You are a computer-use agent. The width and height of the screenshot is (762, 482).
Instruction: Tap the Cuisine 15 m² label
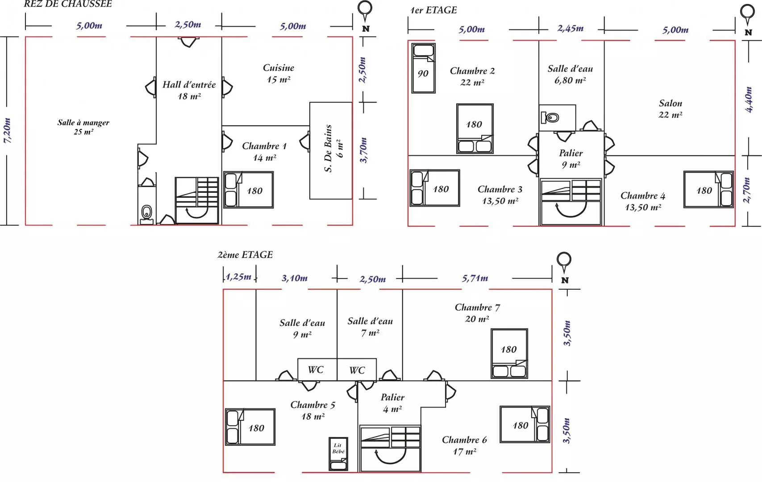coord(278,73)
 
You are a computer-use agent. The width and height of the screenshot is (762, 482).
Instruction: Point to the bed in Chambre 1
coord(248,190)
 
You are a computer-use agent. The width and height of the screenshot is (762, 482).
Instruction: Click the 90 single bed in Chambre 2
coord(423,68)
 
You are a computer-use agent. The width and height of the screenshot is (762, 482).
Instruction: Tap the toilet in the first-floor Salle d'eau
coord(550,118)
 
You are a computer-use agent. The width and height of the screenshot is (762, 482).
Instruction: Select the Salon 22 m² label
coord(670,109)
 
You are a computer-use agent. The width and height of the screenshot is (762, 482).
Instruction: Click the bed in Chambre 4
coord(708,190)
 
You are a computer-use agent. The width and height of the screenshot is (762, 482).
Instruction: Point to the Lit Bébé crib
coord(338,454)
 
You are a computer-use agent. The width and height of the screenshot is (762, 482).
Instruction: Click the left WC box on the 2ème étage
coord(317,370)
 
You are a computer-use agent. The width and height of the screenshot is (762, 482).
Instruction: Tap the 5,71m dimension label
coord(475,278)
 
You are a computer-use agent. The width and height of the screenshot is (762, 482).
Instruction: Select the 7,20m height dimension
coord(7,131)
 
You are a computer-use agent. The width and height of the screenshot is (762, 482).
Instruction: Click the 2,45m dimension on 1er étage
coord(570,28)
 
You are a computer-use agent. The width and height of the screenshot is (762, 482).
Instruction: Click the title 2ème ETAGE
coord(245,255)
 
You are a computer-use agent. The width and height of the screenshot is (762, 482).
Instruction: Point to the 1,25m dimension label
coord(239,277)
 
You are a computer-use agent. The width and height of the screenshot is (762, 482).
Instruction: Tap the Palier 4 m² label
coord(392,403)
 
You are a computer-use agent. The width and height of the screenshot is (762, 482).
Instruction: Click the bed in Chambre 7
coord(509,353)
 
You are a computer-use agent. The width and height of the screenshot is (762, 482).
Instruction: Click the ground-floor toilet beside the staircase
coord(146,212)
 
